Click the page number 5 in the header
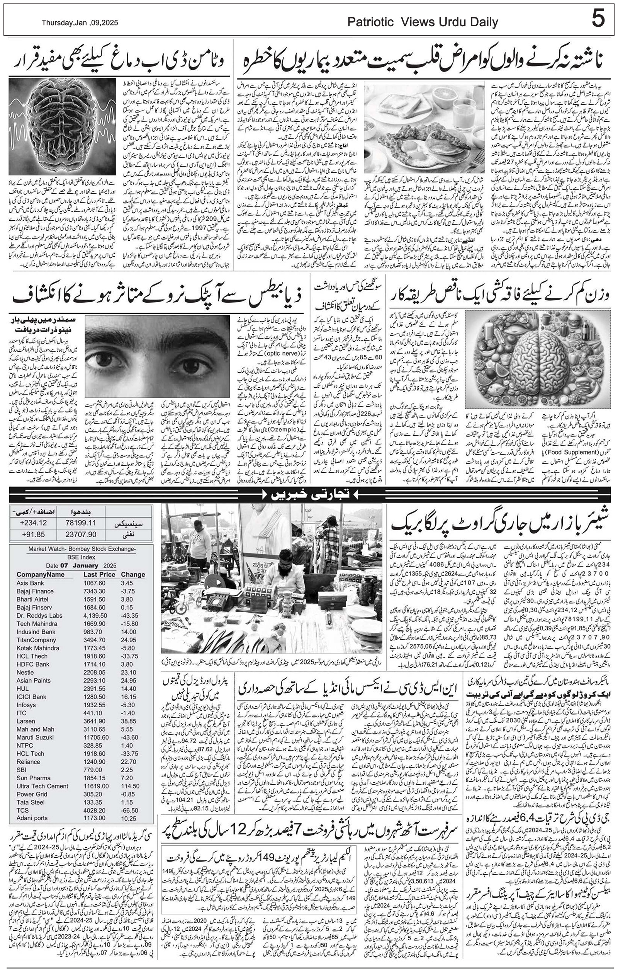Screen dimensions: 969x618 coord(598,19)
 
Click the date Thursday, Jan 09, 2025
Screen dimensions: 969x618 coord(80,23)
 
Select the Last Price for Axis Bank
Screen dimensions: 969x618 coord(95,583)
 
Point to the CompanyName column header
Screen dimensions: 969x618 coord(40,574)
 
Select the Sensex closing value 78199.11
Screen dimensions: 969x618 coord(81,523)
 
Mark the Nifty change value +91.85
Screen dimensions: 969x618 coord(32,535)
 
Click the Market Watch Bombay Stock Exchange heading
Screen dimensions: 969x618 coord(81,549)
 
